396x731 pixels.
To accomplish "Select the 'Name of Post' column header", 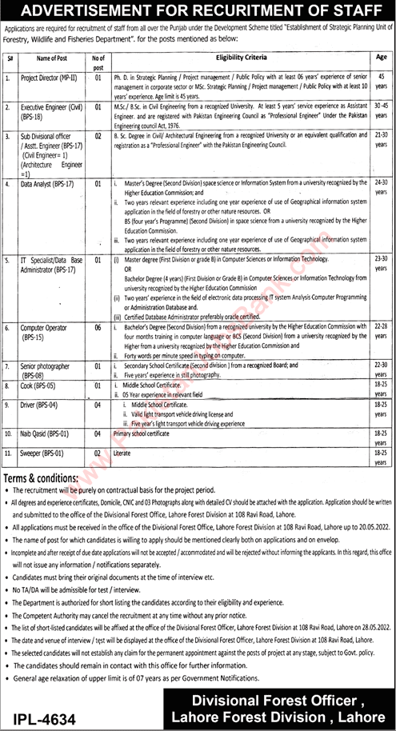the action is click(x=52, y=58).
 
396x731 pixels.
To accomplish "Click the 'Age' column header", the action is click(x=381, y=58).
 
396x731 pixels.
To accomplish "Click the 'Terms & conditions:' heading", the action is click(x=46, y=477).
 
